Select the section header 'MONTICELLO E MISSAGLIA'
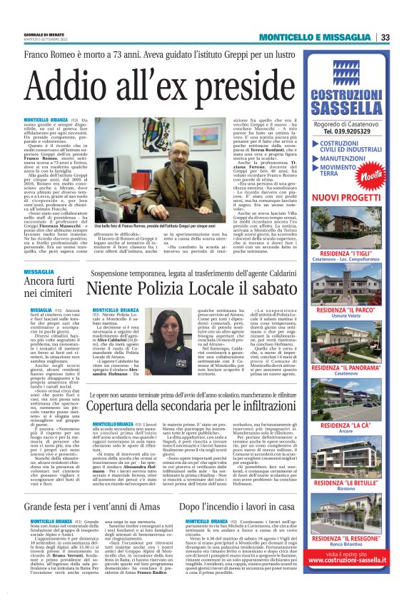315,37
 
